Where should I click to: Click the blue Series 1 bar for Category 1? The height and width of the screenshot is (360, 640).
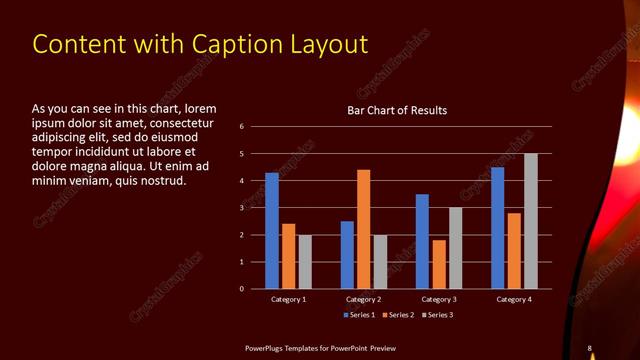(272, 231)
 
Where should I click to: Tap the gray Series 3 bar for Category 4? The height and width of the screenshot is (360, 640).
(530, 221)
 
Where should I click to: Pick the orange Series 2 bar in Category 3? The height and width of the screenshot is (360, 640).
(438, 264)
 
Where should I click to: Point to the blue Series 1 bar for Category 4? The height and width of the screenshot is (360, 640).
(498, 228)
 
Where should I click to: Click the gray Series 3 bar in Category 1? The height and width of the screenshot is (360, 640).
(305, 262)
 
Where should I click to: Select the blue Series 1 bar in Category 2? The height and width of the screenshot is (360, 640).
(347, 255)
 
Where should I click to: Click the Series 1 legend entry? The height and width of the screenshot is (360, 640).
(359, 316)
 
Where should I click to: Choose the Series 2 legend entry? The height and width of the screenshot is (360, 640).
(397, 316)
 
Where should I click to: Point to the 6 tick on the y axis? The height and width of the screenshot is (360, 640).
(242, 127)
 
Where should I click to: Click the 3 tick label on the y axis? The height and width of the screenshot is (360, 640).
(242, 208)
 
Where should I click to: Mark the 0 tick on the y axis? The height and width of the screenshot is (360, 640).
(242, 289)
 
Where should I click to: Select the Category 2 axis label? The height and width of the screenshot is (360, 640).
(363, 300)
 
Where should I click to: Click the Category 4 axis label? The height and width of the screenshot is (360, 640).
(514, 300)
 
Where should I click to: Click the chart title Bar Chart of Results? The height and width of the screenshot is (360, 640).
(397, 110)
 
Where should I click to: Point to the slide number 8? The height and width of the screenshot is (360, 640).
(590, 348)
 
